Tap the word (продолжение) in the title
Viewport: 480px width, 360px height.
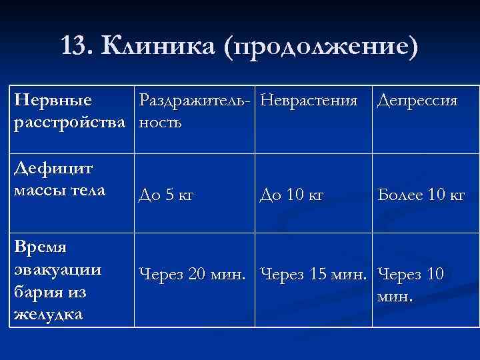322,47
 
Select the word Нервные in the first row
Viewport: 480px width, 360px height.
53,101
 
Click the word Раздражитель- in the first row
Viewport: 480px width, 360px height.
197,101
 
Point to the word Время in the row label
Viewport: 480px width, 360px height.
41,247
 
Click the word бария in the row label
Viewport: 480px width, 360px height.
37,292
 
